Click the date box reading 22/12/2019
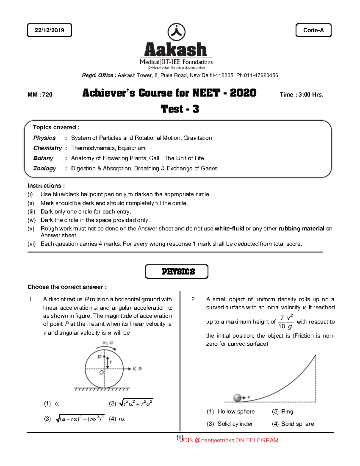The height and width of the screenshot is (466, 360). click(49, 30)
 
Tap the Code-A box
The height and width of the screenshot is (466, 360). click(313, 30)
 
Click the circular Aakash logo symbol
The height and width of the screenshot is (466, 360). click(176, 32)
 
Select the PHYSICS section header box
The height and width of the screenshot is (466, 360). click(177, 272)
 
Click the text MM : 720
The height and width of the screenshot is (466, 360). click(40, 95)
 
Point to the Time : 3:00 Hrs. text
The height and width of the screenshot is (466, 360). click(301, 95)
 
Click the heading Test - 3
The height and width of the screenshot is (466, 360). click(180, 109)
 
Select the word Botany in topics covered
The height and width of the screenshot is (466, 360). click(43, 158)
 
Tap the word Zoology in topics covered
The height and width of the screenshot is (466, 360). click(44, 168)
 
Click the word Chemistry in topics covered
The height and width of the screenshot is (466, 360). click(47, 148)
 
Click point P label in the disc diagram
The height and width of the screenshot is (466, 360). click(100, 357)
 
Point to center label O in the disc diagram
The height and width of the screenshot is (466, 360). click(101, 372)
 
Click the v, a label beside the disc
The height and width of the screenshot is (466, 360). click(137, 368)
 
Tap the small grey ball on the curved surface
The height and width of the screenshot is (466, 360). click(237, 398)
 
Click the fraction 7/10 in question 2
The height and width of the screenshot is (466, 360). click(282, 322)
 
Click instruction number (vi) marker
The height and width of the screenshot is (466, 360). click(31, 244)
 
